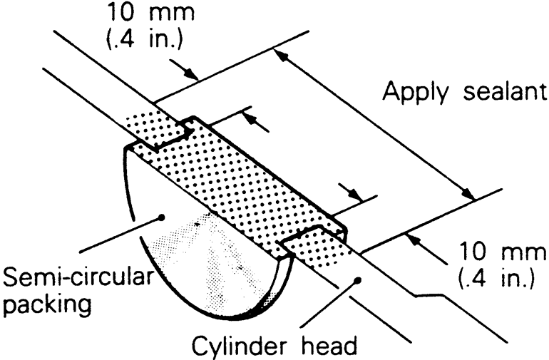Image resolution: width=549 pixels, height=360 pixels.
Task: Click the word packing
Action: (x=53, y=304)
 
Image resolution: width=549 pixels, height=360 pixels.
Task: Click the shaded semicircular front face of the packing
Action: (x=207, y=257)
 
